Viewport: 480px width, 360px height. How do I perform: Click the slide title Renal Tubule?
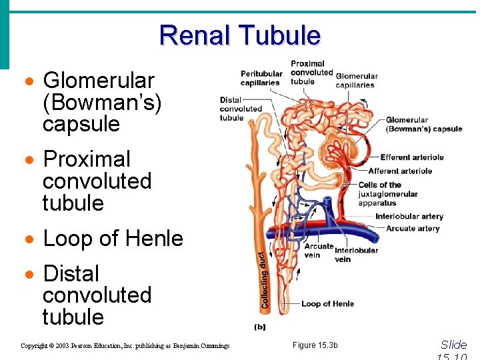240,35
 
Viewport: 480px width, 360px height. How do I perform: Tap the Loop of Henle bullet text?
113,238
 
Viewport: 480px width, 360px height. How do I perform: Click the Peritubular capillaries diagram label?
261,78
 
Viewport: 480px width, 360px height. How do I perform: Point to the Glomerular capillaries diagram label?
356,80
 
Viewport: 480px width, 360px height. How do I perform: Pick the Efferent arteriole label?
411,157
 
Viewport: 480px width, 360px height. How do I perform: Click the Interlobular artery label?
409,216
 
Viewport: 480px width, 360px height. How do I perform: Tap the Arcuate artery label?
412,228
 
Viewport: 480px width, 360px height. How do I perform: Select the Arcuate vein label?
319,250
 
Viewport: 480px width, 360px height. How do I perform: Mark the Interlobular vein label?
356,254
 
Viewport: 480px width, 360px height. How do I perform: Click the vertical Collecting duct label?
263,279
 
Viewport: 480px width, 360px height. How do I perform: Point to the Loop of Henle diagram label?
327,303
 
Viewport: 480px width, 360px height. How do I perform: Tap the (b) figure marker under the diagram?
260,327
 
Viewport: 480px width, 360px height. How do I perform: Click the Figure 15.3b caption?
315,345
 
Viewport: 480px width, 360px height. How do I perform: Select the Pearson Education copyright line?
125,345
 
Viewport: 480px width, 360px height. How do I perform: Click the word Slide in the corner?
453,344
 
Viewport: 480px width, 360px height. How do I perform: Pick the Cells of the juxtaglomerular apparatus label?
387,194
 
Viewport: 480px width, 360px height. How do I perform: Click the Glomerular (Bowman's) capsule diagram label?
423,125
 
